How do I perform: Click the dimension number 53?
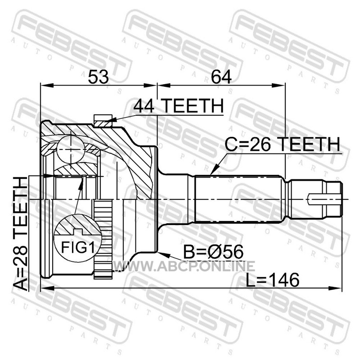point(98,77)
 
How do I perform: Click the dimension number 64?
point(221,77)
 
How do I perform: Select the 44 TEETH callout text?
point(178,106)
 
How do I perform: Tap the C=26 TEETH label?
point(282,144)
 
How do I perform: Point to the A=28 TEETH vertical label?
point(21,234)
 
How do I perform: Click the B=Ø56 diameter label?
point(213,252)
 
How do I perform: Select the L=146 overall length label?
point(273,280)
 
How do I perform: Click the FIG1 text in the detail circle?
point(78,247)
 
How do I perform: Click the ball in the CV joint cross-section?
point(71,149)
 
